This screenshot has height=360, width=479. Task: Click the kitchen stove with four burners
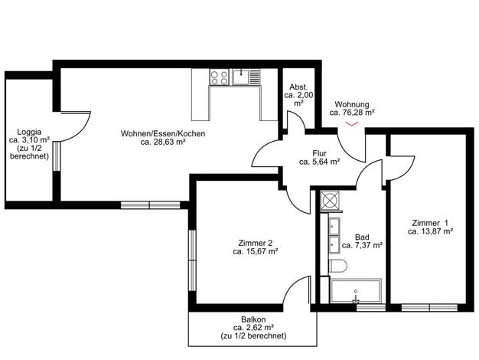click(x=220, y=77)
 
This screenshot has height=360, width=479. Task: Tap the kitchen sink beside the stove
click(x=246, y=77)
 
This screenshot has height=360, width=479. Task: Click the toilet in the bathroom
click(x=337, y=266)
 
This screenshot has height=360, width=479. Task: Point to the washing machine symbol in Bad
click(x=331, y=201)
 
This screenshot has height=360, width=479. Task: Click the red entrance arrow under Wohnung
click(x=352, y=124)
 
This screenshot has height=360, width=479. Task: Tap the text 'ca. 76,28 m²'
click(x=352, y=113)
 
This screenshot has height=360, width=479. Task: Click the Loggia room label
click(x=30, y=133)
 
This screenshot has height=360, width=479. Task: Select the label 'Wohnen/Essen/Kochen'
click(x=163, y=134)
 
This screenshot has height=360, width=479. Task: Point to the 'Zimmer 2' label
click(x=255, y=243)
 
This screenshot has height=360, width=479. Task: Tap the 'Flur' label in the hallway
click(x=319, y=153)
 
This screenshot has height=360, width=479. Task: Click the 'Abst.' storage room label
click(x=298, y=87)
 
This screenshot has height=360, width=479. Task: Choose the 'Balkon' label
click(x=253, y=319)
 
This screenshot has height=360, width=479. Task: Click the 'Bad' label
click(x=362, y=237)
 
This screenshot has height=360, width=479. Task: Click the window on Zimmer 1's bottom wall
click(x=429, y=307)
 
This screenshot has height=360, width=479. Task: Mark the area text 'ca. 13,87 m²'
click(x=430, y=231)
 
